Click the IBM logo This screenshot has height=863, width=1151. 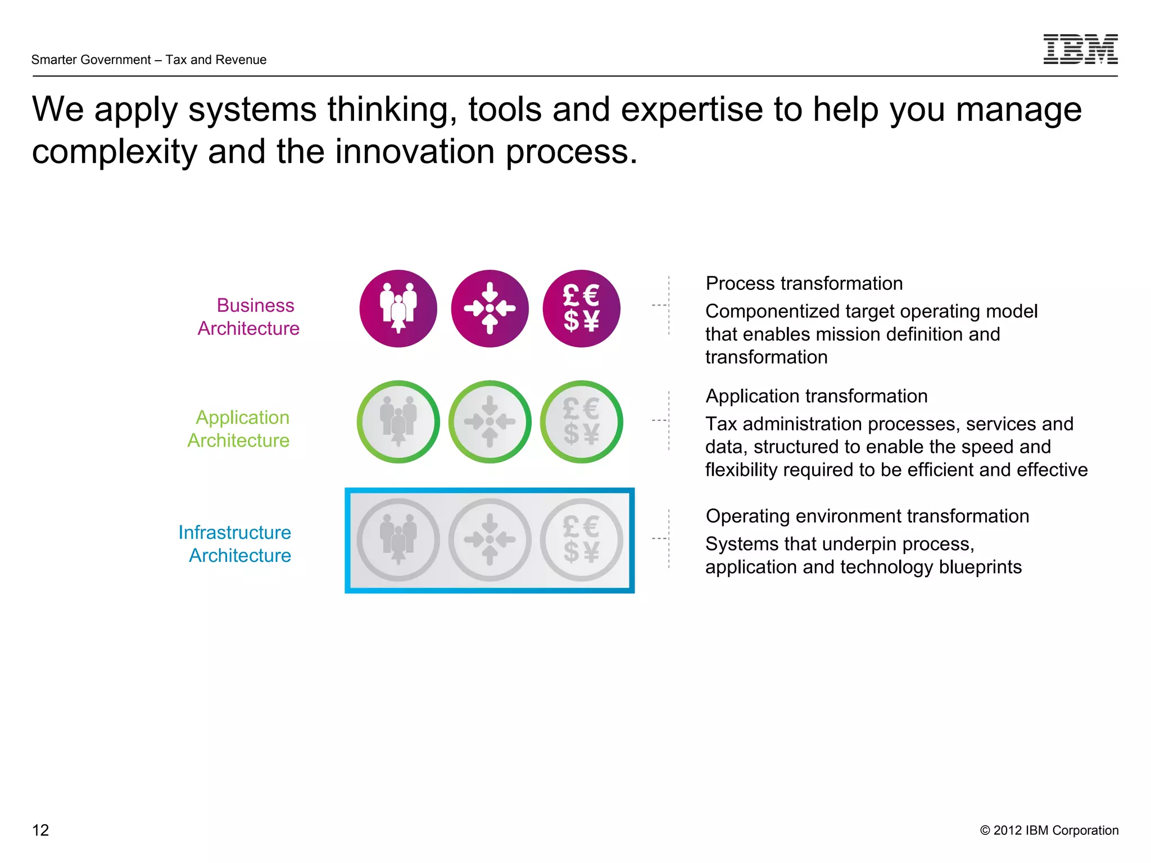pos(1080,49)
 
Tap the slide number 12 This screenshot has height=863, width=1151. pos(40,830)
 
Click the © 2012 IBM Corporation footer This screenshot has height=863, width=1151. pos(1049,830)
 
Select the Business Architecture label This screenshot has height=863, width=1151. pos(248,316)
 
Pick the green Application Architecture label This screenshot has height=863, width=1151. pos(239,429)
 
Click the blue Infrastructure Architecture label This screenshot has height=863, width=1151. pos(235,543)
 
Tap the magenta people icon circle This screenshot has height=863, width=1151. pos(398,308)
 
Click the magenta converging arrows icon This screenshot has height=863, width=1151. pos(490,308)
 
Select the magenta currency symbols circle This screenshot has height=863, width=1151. pos(581,308)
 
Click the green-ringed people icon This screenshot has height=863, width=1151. pos(398,421)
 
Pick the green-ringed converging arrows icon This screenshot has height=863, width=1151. pos(490,421)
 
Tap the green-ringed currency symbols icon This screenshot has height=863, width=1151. pos(581,421)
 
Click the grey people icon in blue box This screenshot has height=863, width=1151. pos(398,539)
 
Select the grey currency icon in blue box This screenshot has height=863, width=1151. pos(581,539)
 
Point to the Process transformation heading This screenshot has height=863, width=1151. pos(804,283)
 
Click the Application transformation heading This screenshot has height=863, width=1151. pos(816,396)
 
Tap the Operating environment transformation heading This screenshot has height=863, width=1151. pos(867,516)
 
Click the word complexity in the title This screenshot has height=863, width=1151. pos(114,152)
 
